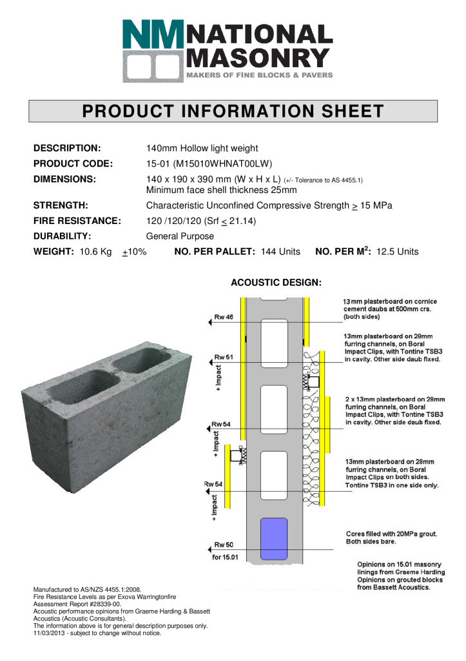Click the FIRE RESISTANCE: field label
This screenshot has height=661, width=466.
coord(77,221)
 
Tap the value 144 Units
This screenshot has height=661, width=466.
coord(280,252)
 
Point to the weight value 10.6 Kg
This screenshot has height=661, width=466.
coord(96,252)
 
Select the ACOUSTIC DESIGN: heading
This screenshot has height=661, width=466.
coord(276,282)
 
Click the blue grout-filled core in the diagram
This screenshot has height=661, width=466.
coord(274,538)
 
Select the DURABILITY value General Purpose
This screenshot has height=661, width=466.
coord(180,236)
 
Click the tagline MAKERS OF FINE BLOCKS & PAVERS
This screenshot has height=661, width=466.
coord(260,76)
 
